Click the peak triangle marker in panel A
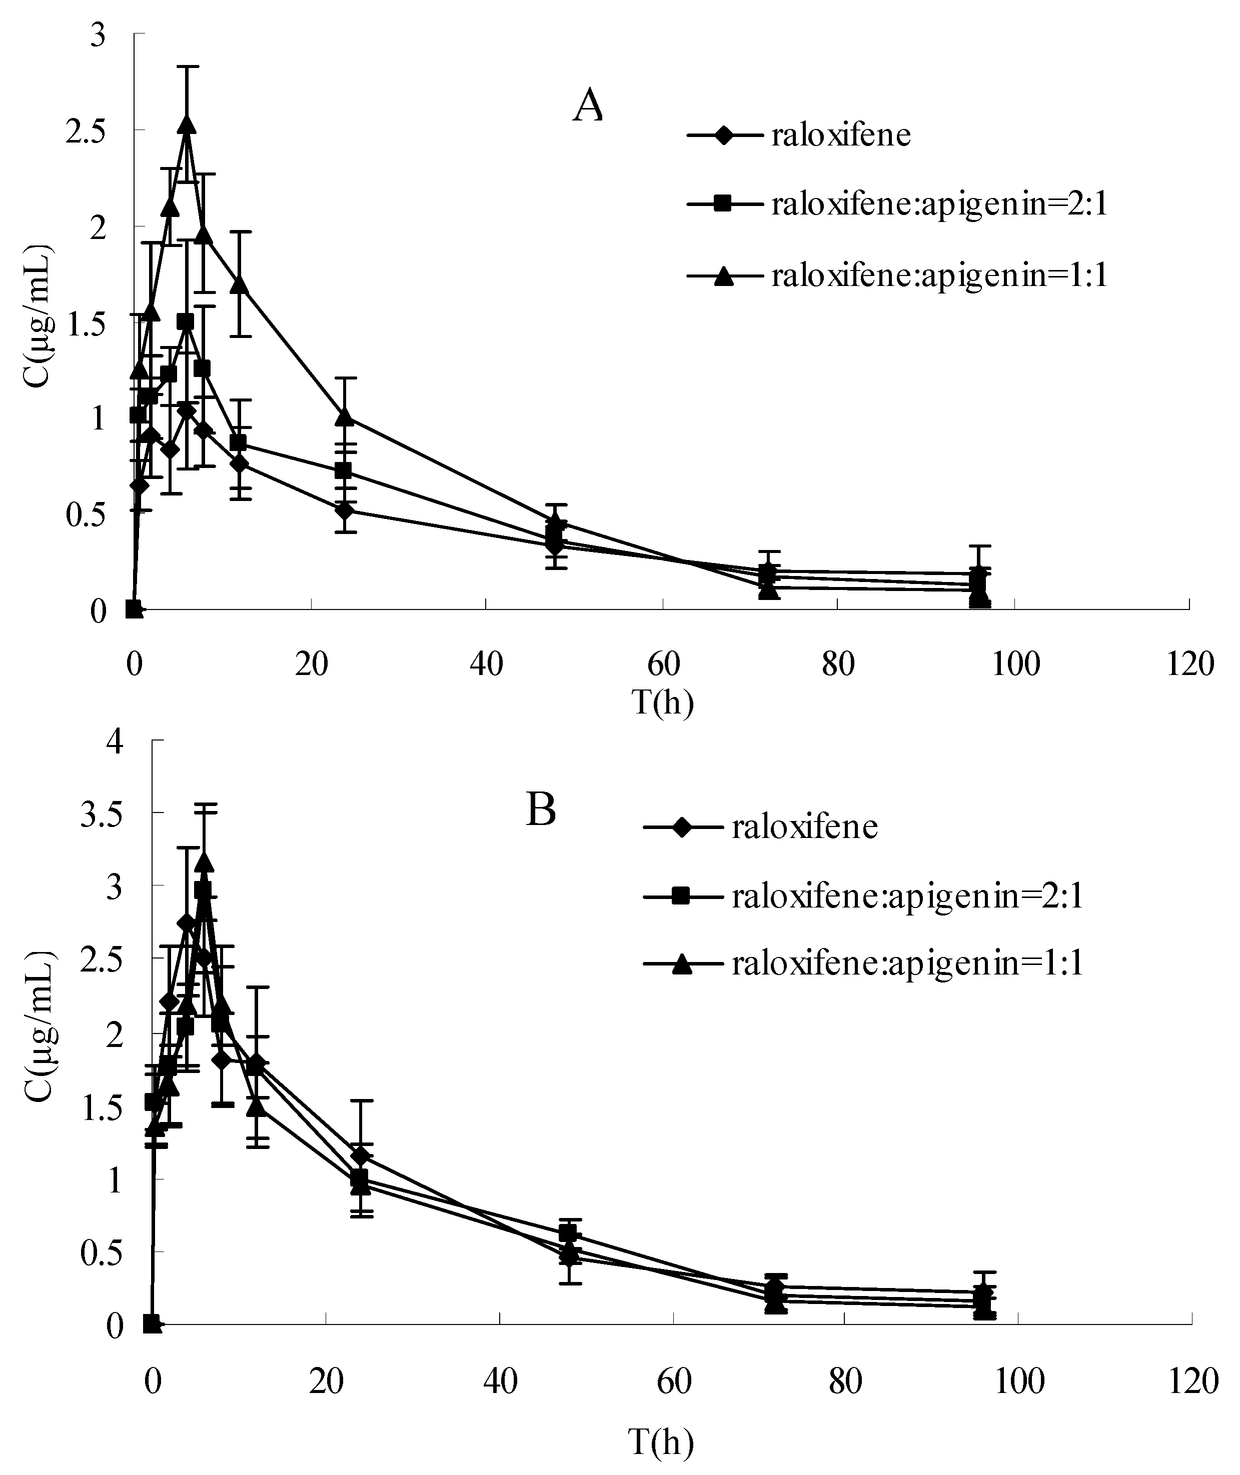(x=186, y=123)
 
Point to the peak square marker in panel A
(x=186, y=322)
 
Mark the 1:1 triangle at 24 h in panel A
(x=344, y=416)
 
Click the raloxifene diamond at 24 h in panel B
(x=361, y=1155)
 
